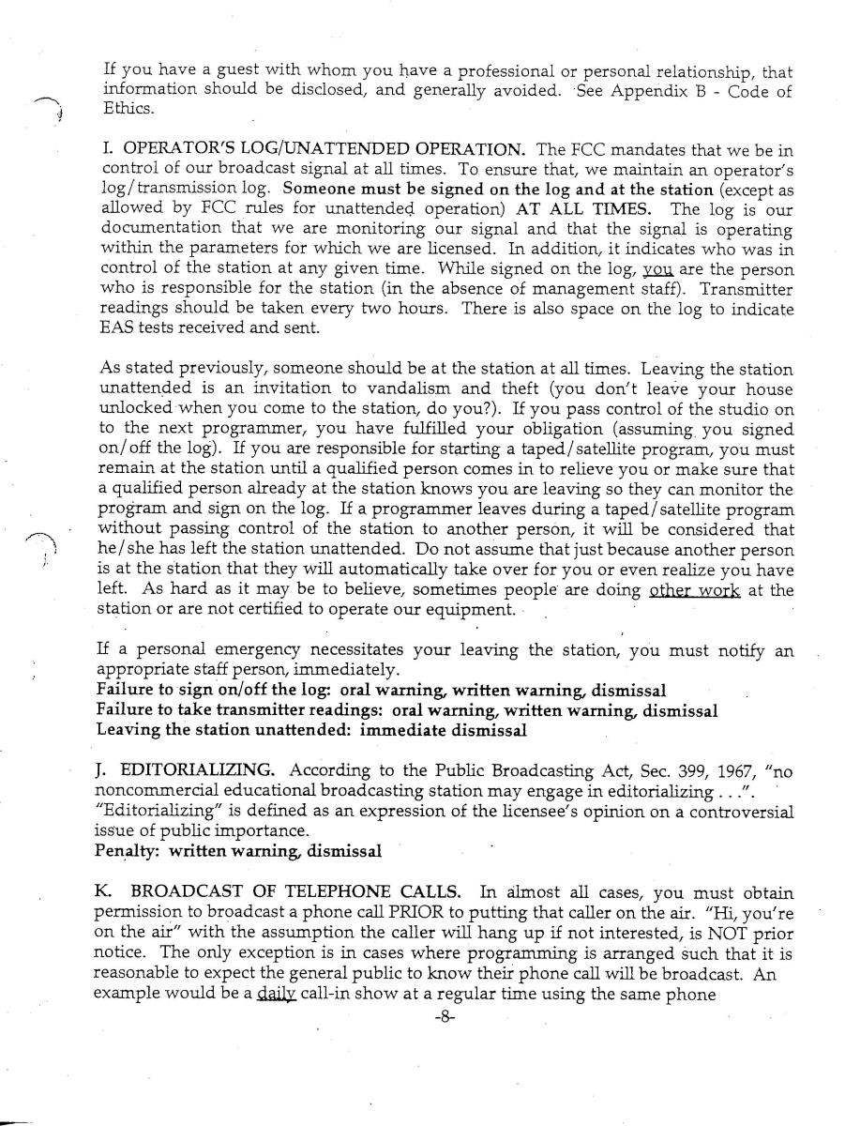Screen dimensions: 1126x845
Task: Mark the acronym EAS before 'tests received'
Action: click(x=113, y=327)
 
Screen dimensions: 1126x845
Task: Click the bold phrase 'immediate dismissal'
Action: click(x=442, y=729)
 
